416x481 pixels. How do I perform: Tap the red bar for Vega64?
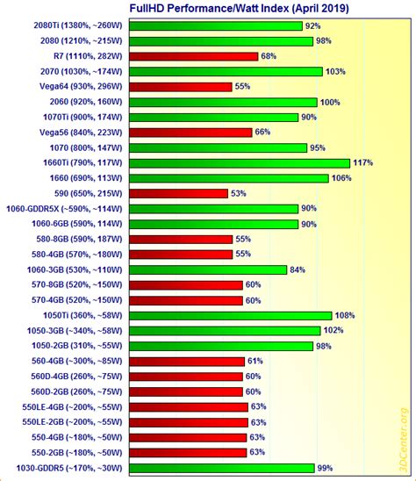coord(180,86)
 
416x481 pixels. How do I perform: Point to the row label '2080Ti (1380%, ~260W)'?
coord(69,25)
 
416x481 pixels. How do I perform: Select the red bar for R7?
coord(192,56)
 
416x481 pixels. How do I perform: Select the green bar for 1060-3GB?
coord(207,269)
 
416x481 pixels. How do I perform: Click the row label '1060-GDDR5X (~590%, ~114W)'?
coord(63,209)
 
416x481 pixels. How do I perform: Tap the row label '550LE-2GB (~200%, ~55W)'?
coord(68,421)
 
